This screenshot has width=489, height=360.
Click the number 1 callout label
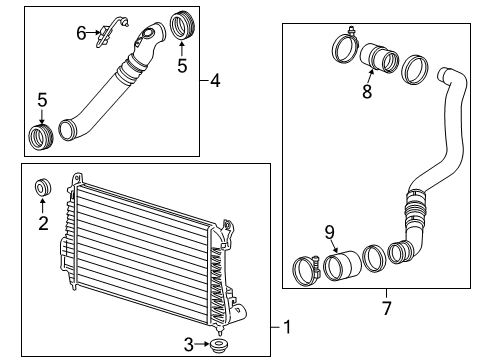tap(287, 326)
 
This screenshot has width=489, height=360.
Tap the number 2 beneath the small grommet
tap(43, 223)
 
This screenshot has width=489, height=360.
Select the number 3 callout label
tap(189, 345)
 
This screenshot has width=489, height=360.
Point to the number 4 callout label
tap(215, 80)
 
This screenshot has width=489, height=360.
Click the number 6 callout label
tap(81, 33)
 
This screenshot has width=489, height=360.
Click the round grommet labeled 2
tap(43, 188)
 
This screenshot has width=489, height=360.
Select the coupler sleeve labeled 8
tap(382, 57)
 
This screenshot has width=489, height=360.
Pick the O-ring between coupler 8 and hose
tap(414, 71)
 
